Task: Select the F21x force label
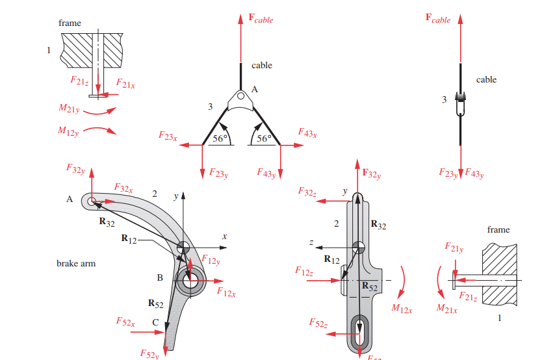tap(125, 83)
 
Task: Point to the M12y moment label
tap(68, 131)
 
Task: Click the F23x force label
tap(168, 136)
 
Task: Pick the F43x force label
tap(307, 133)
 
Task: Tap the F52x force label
tap(125, 322)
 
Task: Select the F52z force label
tap(318, 323)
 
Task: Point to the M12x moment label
tap(402, 309)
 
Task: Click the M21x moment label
tap(447, 308)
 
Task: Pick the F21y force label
tap(454, 248)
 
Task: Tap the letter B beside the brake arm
tap(160, 278)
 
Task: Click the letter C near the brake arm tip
tap(155, 322)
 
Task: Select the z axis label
tap(311, 242)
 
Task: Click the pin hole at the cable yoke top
tap(240, 97)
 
